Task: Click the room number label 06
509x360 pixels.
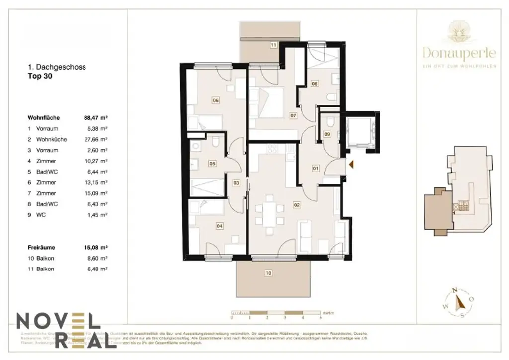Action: click(216, 100)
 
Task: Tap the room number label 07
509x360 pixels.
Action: click(293, 115)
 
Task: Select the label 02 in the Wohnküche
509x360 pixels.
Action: click(297, 204)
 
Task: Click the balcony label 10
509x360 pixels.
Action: click(268, 272)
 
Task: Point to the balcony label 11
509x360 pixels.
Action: click(273, 45)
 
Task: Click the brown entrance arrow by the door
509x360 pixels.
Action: click(351, 164)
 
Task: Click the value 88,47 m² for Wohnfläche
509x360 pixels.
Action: click(96, 118)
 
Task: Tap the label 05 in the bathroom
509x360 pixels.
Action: click(212, 163)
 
